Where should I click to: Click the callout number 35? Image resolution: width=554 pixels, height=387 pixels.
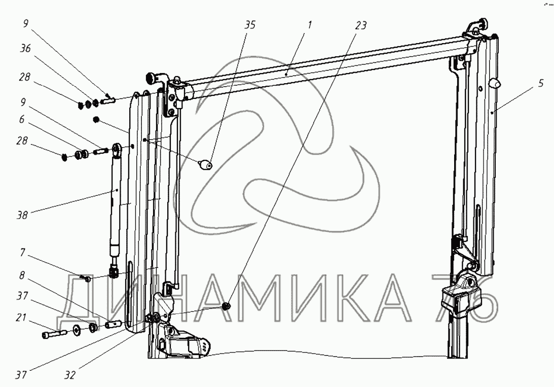point(250,25)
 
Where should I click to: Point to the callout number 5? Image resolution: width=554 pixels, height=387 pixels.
point(541,83)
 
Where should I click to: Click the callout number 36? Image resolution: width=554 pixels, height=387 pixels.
point(25,49)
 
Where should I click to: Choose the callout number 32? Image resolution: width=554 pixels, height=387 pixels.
point(70,376)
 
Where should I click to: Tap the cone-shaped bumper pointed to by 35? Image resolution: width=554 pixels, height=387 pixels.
point(205,165)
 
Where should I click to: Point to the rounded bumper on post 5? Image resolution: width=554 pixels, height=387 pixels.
point(494,83)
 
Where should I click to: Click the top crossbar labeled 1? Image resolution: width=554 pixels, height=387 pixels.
point(324,66)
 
